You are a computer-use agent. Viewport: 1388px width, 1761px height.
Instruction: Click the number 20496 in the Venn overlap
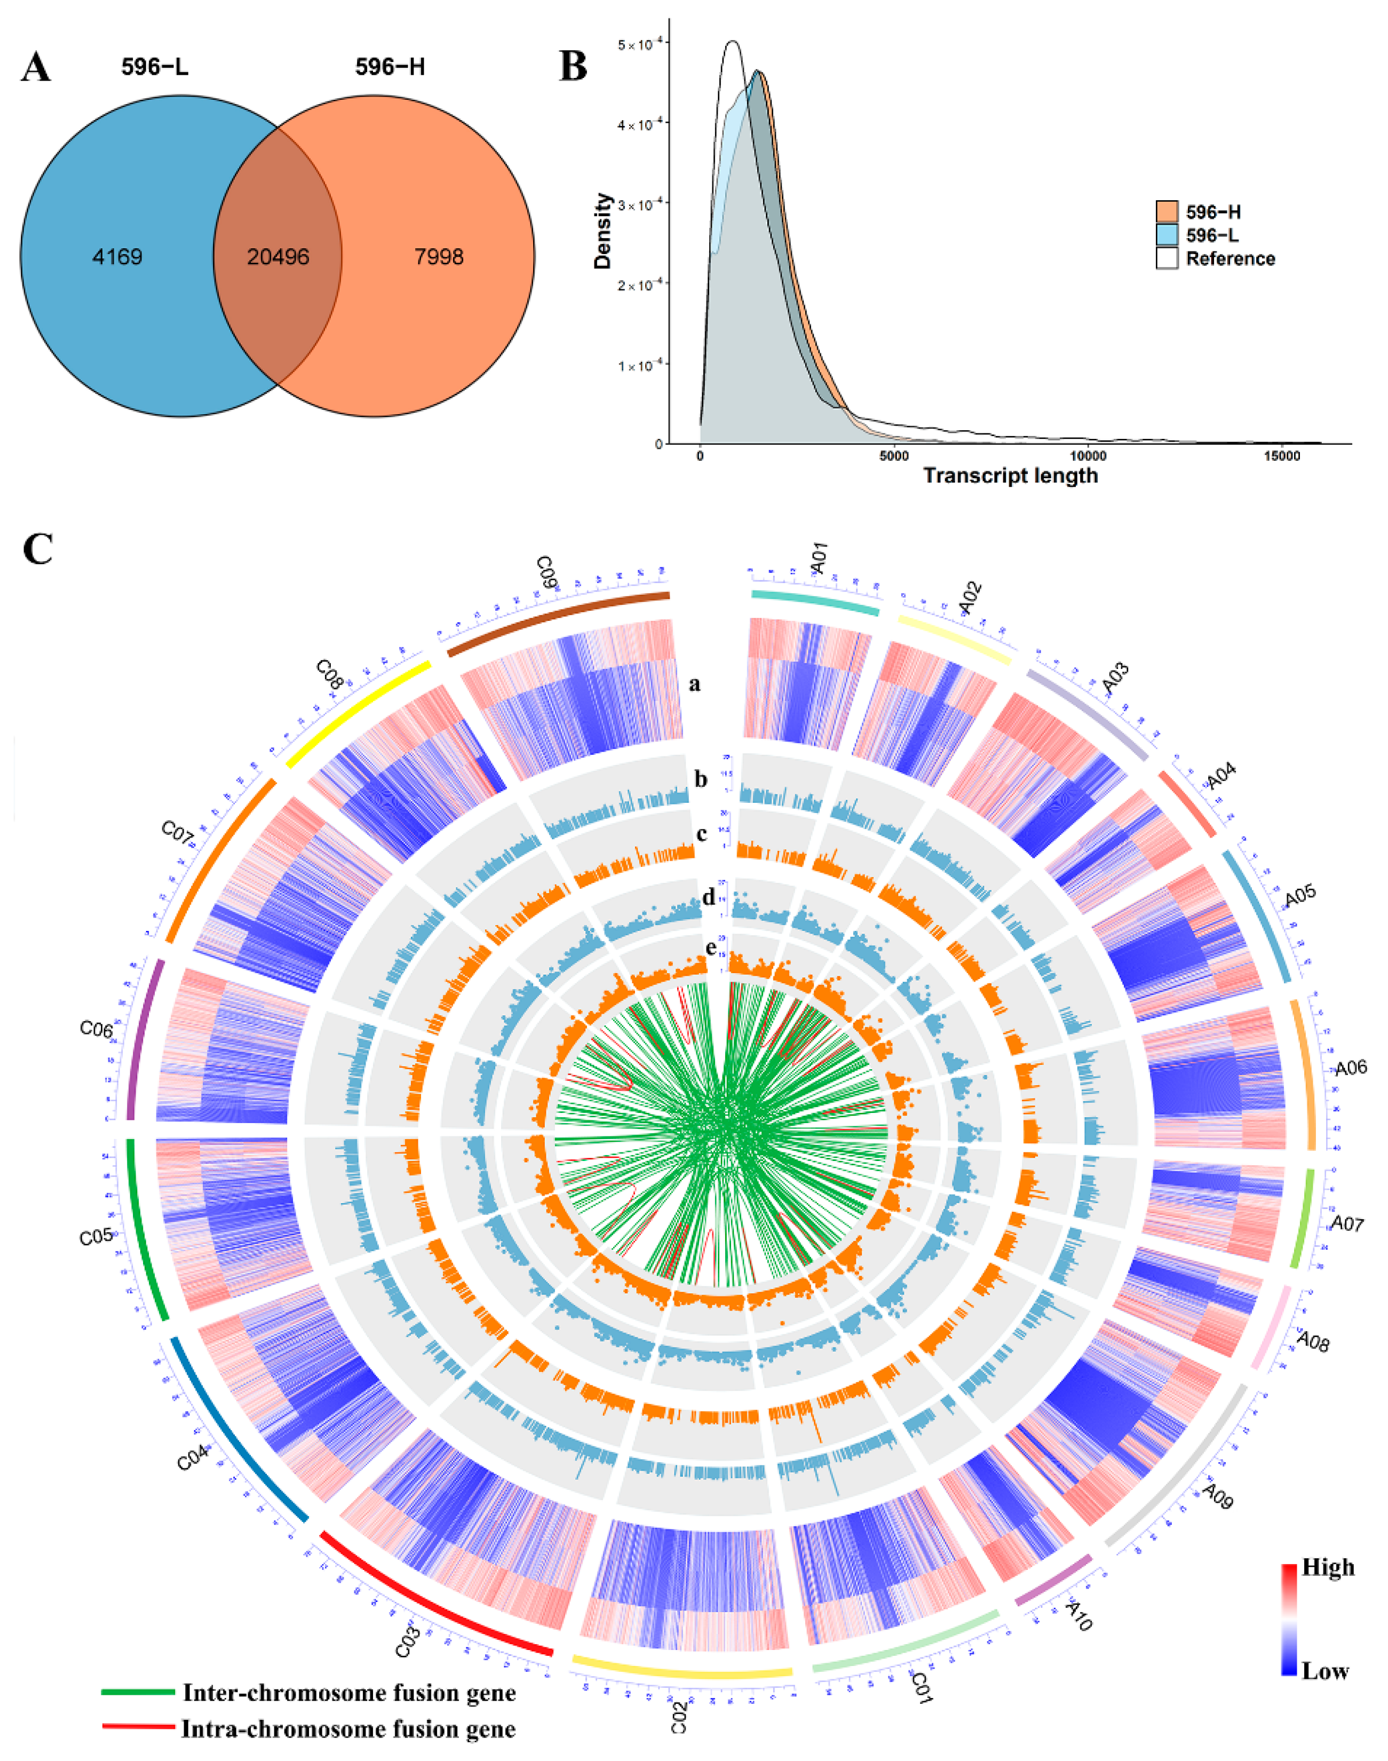[x=278, y=257]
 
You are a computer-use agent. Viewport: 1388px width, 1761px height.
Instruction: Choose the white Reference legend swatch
[x=1167, y=258]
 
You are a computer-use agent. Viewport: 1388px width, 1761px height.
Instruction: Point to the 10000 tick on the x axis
[x=1088, y=456]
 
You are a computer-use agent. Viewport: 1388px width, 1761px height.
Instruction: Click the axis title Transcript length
[x=1010, y=476]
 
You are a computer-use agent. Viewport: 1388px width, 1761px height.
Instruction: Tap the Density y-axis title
[x=602, y=231]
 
